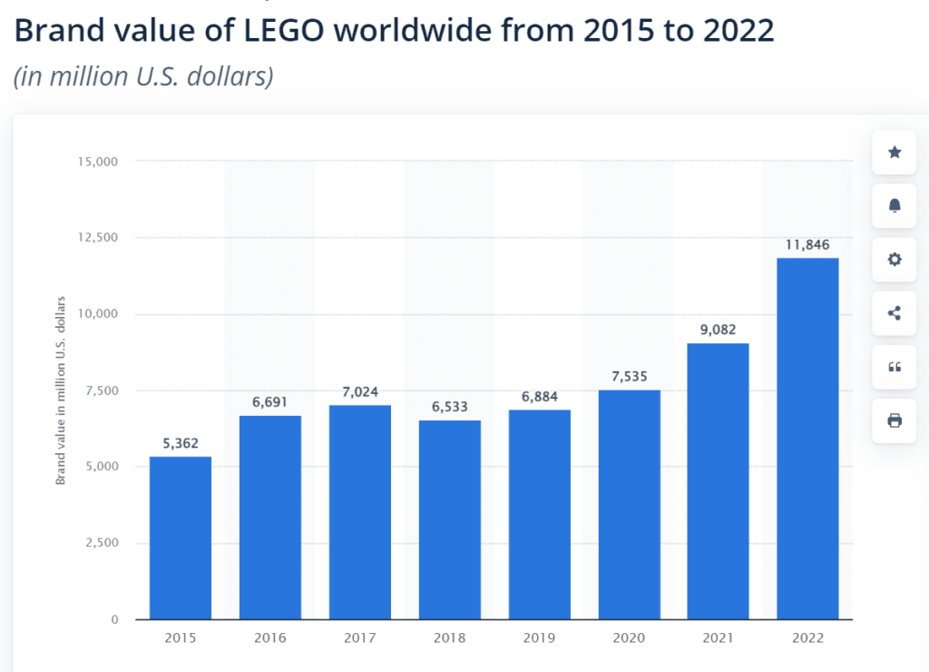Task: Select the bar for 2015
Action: click(x=181, y=538)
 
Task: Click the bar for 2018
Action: click(x=450, y=519)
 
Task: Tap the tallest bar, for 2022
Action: click(x=808, y=439)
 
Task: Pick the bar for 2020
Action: click(x=630, y=504)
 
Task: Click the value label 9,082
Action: click(x=719, y=329)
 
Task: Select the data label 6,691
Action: click(x=270, y=400)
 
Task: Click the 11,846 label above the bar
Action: click(x=808, y=244)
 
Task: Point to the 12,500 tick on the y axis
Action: click(x=99, y=238)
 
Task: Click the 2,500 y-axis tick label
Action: click(x=103, y=543)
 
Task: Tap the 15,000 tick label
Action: click(x=99, y=162)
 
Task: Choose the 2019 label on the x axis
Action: click(x=540, y=638)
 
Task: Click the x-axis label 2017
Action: click(x=360, y=638)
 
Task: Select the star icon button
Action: click(x=895, y=153)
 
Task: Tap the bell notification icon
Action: click(x=895, y=206)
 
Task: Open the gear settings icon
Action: click(x=895, y=260)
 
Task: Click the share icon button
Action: click(x=895, y=313)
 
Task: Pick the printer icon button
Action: click(x=895, y=420)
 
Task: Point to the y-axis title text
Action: click(x=62, y=390)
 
